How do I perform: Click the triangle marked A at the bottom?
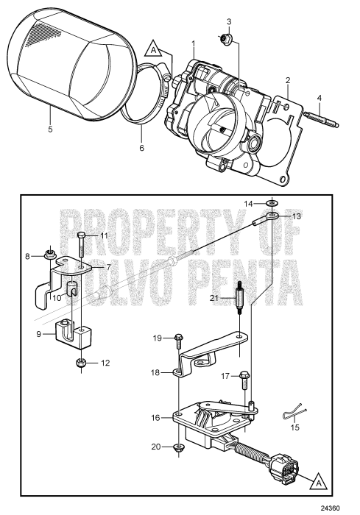[316, 483]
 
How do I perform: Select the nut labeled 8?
[49, 255]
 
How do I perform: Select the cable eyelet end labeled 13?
[273, 216]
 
